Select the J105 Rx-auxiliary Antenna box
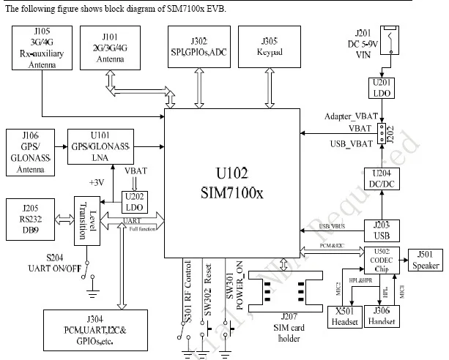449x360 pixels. click(42, 49)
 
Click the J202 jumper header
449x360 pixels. click(383, 134)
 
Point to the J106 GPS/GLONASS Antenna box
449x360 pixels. click(29, 153)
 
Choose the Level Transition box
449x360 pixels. click(85, 220)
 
